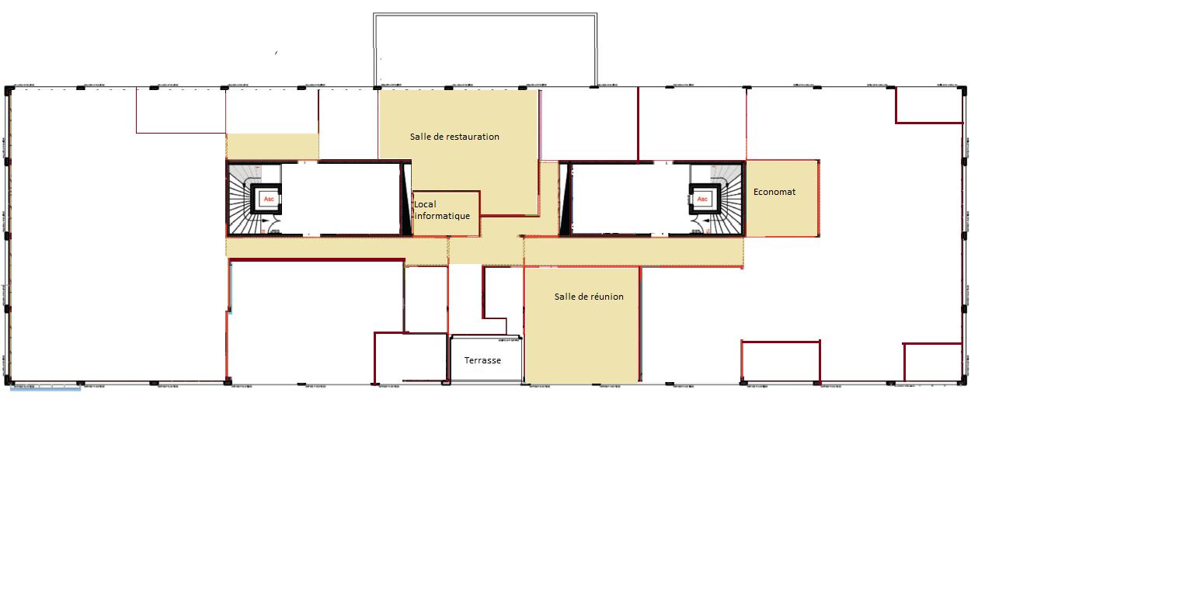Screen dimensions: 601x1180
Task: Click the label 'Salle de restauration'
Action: pos(454,137)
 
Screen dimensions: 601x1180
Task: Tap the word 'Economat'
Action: pos(774,192)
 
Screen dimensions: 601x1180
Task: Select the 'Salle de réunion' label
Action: pos(589,297)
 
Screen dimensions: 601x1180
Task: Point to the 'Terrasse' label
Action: pos(482,360)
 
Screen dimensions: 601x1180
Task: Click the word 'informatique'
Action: pos(443,216)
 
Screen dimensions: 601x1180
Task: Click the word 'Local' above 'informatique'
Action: pos(425,205)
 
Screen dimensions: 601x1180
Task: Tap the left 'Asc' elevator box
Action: pos(270,199)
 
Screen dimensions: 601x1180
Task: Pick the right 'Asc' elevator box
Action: pos(702,199)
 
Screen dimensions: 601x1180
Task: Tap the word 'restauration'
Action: pos(473,137)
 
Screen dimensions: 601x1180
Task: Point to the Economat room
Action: pos(781,214)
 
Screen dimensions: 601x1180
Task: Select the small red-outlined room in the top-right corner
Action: pos(929,104)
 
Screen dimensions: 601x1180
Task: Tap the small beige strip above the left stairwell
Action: pos(272,146)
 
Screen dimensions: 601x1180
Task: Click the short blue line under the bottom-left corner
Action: pos(45,388)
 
